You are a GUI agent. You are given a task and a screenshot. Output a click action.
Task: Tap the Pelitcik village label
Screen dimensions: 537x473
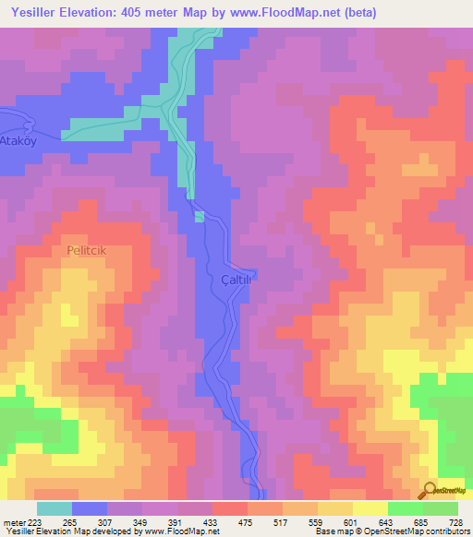pyautogui.click(x=88, y=250)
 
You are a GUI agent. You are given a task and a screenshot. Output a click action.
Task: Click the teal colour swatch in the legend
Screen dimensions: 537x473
pyautogui.click(x=55, y=508)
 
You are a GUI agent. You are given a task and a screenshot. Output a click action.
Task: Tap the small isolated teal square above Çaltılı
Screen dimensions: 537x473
pyautogui.click(x=200, y=217)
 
